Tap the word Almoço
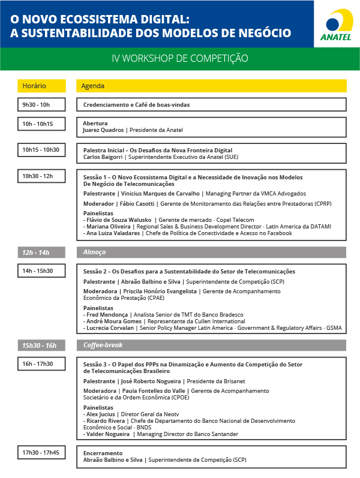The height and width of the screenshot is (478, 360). tap(94, 252)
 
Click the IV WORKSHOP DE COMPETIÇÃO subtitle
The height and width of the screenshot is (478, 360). tap(179, 59)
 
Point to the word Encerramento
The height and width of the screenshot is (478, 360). tap(103, 453)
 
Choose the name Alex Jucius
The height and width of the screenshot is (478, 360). tap(101, 414)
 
